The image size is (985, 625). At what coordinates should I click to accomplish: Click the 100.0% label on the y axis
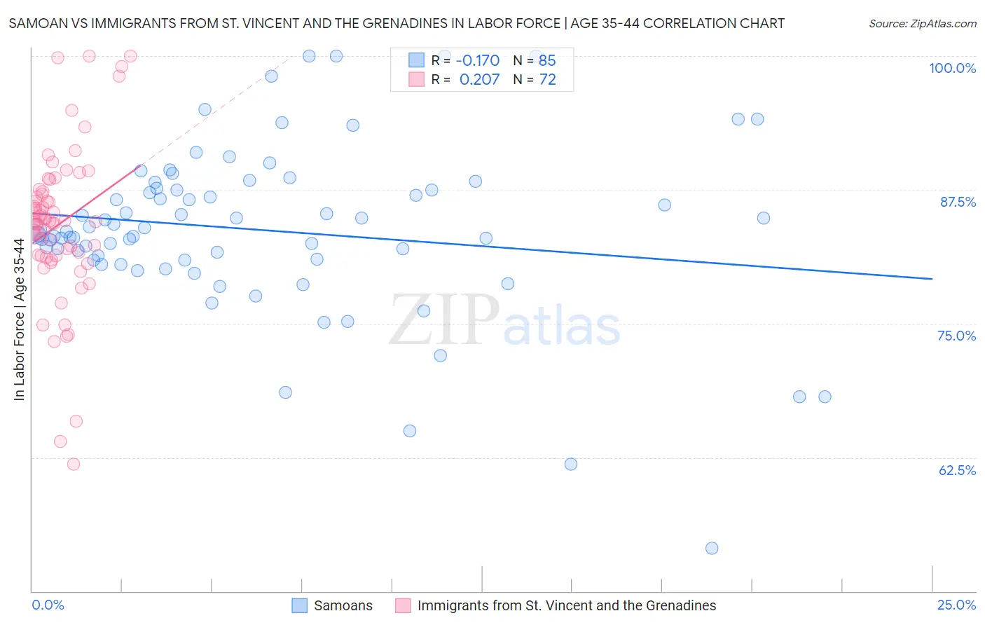point(952,68)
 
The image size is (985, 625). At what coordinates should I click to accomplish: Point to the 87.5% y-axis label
point(958,202)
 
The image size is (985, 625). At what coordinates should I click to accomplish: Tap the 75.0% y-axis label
point(956,336)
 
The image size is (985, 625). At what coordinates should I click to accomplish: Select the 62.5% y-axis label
point(957,470)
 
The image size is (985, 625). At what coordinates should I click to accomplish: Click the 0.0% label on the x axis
point(48,605)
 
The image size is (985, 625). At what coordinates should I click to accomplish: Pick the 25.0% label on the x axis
point(956,605)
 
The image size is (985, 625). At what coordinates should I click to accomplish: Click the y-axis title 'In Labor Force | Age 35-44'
point(19,320)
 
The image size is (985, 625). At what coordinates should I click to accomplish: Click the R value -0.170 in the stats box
point(478,60)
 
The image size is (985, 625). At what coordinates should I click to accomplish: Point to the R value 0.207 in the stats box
point(479,79)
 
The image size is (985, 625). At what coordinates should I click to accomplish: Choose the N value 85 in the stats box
point(547,60)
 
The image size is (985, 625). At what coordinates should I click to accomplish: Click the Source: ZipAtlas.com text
point(922,23)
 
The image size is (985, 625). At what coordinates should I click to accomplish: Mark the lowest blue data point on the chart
point(712,548)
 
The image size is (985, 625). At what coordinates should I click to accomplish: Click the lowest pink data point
point(74,464)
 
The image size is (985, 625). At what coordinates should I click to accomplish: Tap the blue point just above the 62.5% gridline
point(571,464)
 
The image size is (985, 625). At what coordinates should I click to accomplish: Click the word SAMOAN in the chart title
point(36,23)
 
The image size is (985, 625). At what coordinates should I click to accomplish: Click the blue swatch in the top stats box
point(416,60)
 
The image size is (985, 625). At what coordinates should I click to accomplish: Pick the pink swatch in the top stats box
point(416,79)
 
